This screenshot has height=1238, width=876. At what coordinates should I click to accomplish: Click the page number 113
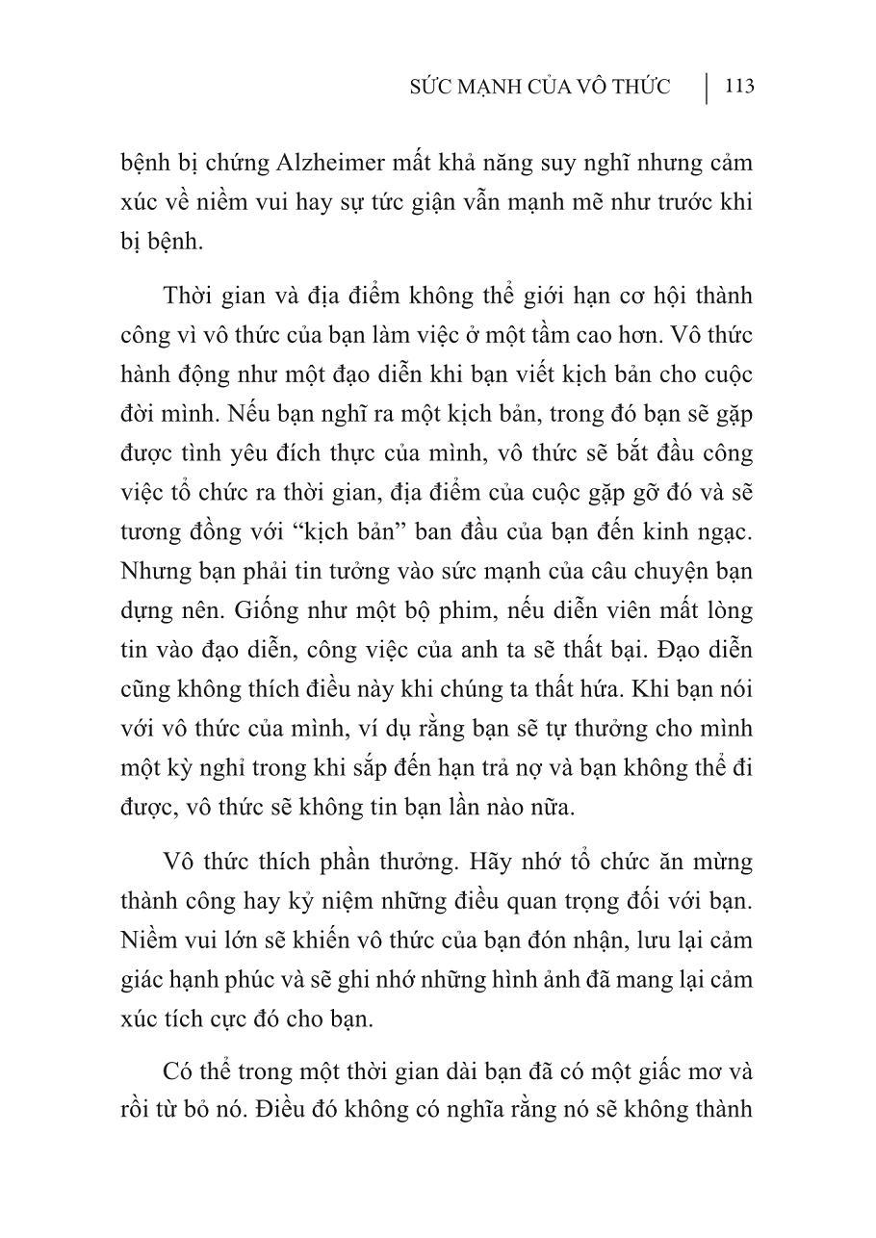tap(738, 88)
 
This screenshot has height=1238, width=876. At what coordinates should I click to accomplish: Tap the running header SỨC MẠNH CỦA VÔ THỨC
tap(539, 88)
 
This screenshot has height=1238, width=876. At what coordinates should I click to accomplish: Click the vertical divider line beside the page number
tap(708, 88)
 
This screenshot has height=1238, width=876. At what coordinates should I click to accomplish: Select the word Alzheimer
tap(276, 163)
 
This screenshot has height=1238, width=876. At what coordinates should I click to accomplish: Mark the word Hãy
tap(461, 861)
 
